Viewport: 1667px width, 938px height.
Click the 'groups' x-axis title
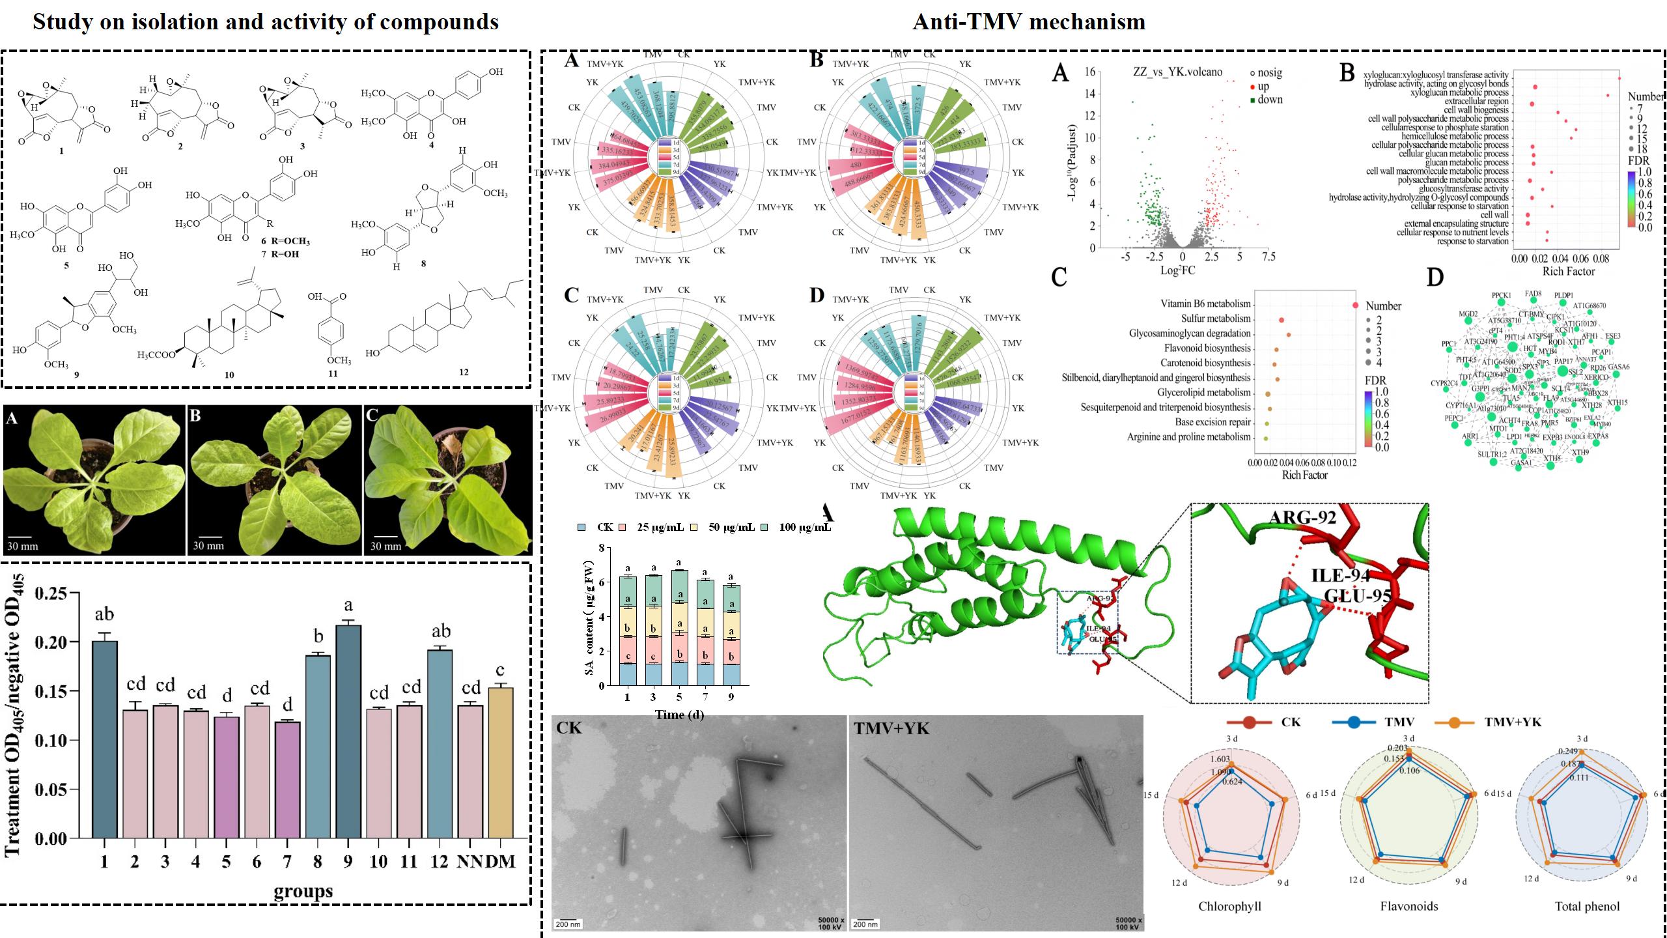coord(303,890)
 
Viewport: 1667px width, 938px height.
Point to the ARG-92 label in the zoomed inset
coord(1302,518)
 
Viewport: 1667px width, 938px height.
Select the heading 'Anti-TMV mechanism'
coord(1029,21)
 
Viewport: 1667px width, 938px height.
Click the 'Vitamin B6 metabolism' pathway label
coord(1205,304)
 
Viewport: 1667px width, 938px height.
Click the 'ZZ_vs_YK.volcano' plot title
coord(1177,72)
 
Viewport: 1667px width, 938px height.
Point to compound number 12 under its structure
coord(463,373)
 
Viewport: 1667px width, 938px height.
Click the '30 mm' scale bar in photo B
coord(208,545)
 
